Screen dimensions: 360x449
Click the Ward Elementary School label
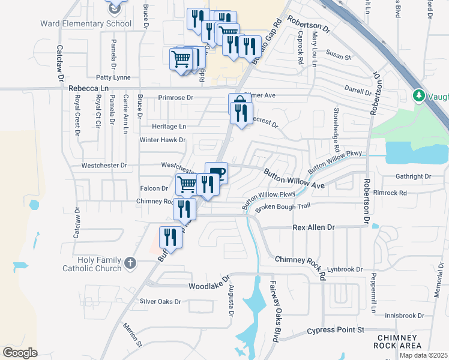pyautogui.click(x=86, y=24)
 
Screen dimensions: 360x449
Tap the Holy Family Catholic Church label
pyautogui.click(x=92, y=265)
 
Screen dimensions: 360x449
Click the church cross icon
pyautogui.click(x=130, y=262)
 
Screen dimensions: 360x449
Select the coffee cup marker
pyautogui.click(x=217, y=172)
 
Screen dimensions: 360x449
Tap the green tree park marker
pyautogui.click(x=419, y=95)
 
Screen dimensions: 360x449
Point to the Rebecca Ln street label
pyautogui.click(x=89, y=88)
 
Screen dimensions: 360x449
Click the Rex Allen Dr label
pyautogui.click(x=313, y=228)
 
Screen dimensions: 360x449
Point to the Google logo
pyautogui.click(x=20, y=352)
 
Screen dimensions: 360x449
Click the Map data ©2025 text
pyautogui.click(x=423, y=355)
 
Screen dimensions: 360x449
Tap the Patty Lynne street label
pyautogui.click(x=113, y=77)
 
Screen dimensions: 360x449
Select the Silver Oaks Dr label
pyautogui.click(x=160, y=301)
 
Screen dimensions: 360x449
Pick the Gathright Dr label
pyautogui.click(x=413, y=176)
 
